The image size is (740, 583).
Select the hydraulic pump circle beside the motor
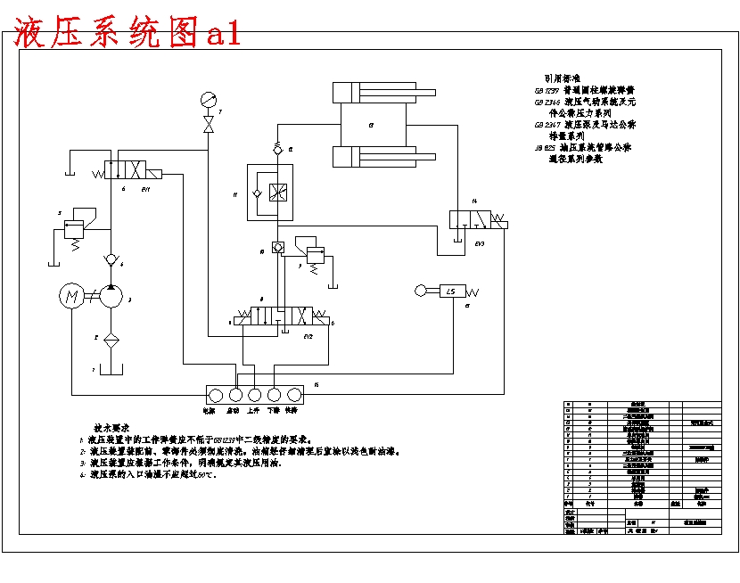(111, 297)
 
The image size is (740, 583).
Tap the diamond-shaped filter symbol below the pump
(111, 340)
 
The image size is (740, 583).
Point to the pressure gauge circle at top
(209, 99)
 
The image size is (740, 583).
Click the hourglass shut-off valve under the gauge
(209, 125)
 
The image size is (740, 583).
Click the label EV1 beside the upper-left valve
(146, 190)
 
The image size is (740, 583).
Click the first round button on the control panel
(217, 393)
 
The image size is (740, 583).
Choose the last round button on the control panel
(294, 393)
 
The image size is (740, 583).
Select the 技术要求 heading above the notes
(112, 427)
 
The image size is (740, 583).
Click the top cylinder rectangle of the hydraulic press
(369, 92)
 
